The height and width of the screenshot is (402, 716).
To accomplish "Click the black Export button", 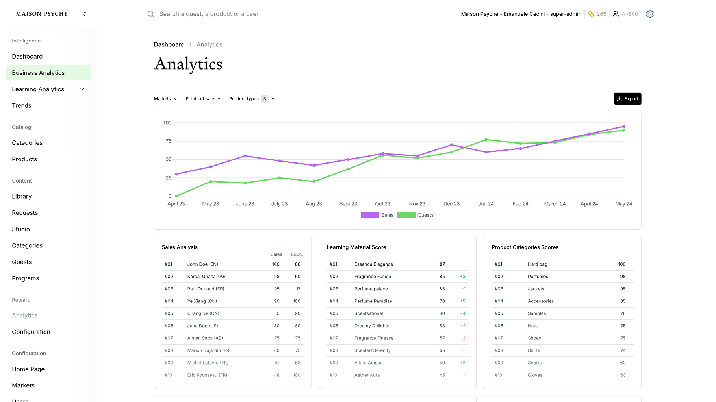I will tap(627, 99).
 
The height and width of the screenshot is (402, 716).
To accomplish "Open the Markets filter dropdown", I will tap(165, 99).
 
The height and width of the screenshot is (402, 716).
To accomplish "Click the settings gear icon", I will tap(650, 14).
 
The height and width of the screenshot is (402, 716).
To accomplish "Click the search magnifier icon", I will tap(151, 14).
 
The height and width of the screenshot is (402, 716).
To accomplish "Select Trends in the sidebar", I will tap(22, 105).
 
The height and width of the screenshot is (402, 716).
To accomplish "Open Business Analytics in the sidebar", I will tap(38, 73).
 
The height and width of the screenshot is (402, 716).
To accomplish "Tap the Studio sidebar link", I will tap(21, 229).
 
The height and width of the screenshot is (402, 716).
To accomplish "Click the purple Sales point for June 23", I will tap(245, 156).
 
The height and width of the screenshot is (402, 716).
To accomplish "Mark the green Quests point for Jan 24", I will tap(486, 140).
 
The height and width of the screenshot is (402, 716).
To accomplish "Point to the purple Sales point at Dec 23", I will tap(452, 145).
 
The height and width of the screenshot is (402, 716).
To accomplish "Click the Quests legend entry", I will tap(416, 215).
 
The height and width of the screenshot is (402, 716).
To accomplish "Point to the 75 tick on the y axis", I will tap(169, 141).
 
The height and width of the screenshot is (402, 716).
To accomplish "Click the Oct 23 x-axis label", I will tap(382, 204).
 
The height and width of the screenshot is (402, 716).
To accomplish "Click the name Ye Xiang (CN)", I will tap(202, 301).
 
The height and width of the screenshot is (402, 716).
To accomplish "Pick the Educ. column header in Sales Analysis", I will tap(297, 254).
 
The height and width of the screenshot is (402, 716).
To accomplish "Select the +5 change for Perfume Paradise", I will tap(462, 301).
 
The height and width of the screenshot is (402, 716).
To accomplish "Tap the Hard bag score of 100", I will tap(621, 264).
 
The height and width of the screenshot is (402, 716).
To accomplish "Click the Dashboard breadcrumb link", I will tap(169, 44).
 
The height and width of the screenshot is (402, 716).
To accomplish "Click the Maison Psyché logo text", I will tap(42, 14).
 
